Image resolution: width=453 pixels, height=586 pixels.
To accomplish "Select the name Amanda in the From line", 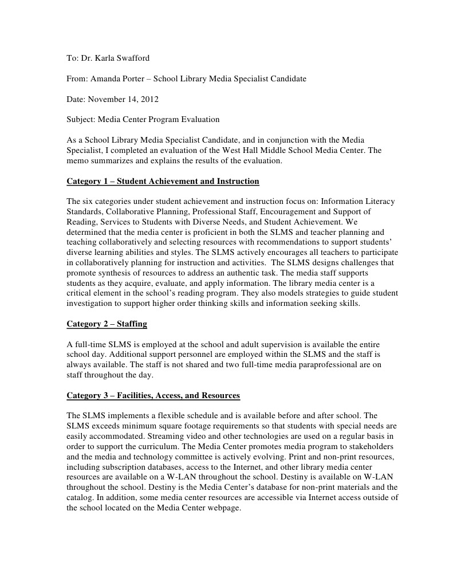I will click(105, 78).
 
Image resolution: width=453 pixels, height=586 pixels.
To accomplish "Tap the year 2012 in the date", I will click(148, 99).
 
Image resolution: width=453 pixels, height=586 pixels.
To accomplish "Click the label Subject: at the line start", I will click(80, 120).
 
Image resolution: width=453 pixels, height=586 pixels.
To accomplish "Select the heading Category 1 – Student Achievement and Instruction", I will click(163, 182).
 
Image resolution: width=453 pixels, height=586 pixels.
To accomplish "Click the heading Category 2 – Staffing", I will click(107, 324).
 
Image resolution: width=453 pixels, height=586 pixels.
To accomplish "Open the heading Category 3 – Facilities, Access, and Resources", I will click(153, 396).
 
